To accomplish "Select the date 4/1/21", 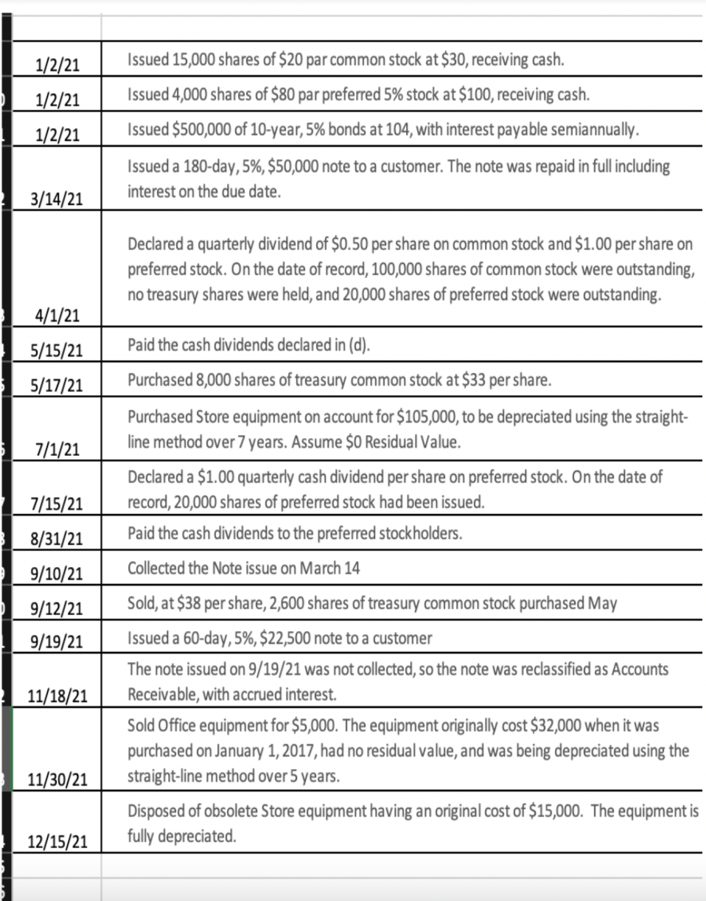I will pos(58,316).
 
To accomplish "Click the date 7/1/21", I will pos(58,448).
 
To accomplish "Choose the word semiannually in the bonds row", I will pos(594,131).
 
